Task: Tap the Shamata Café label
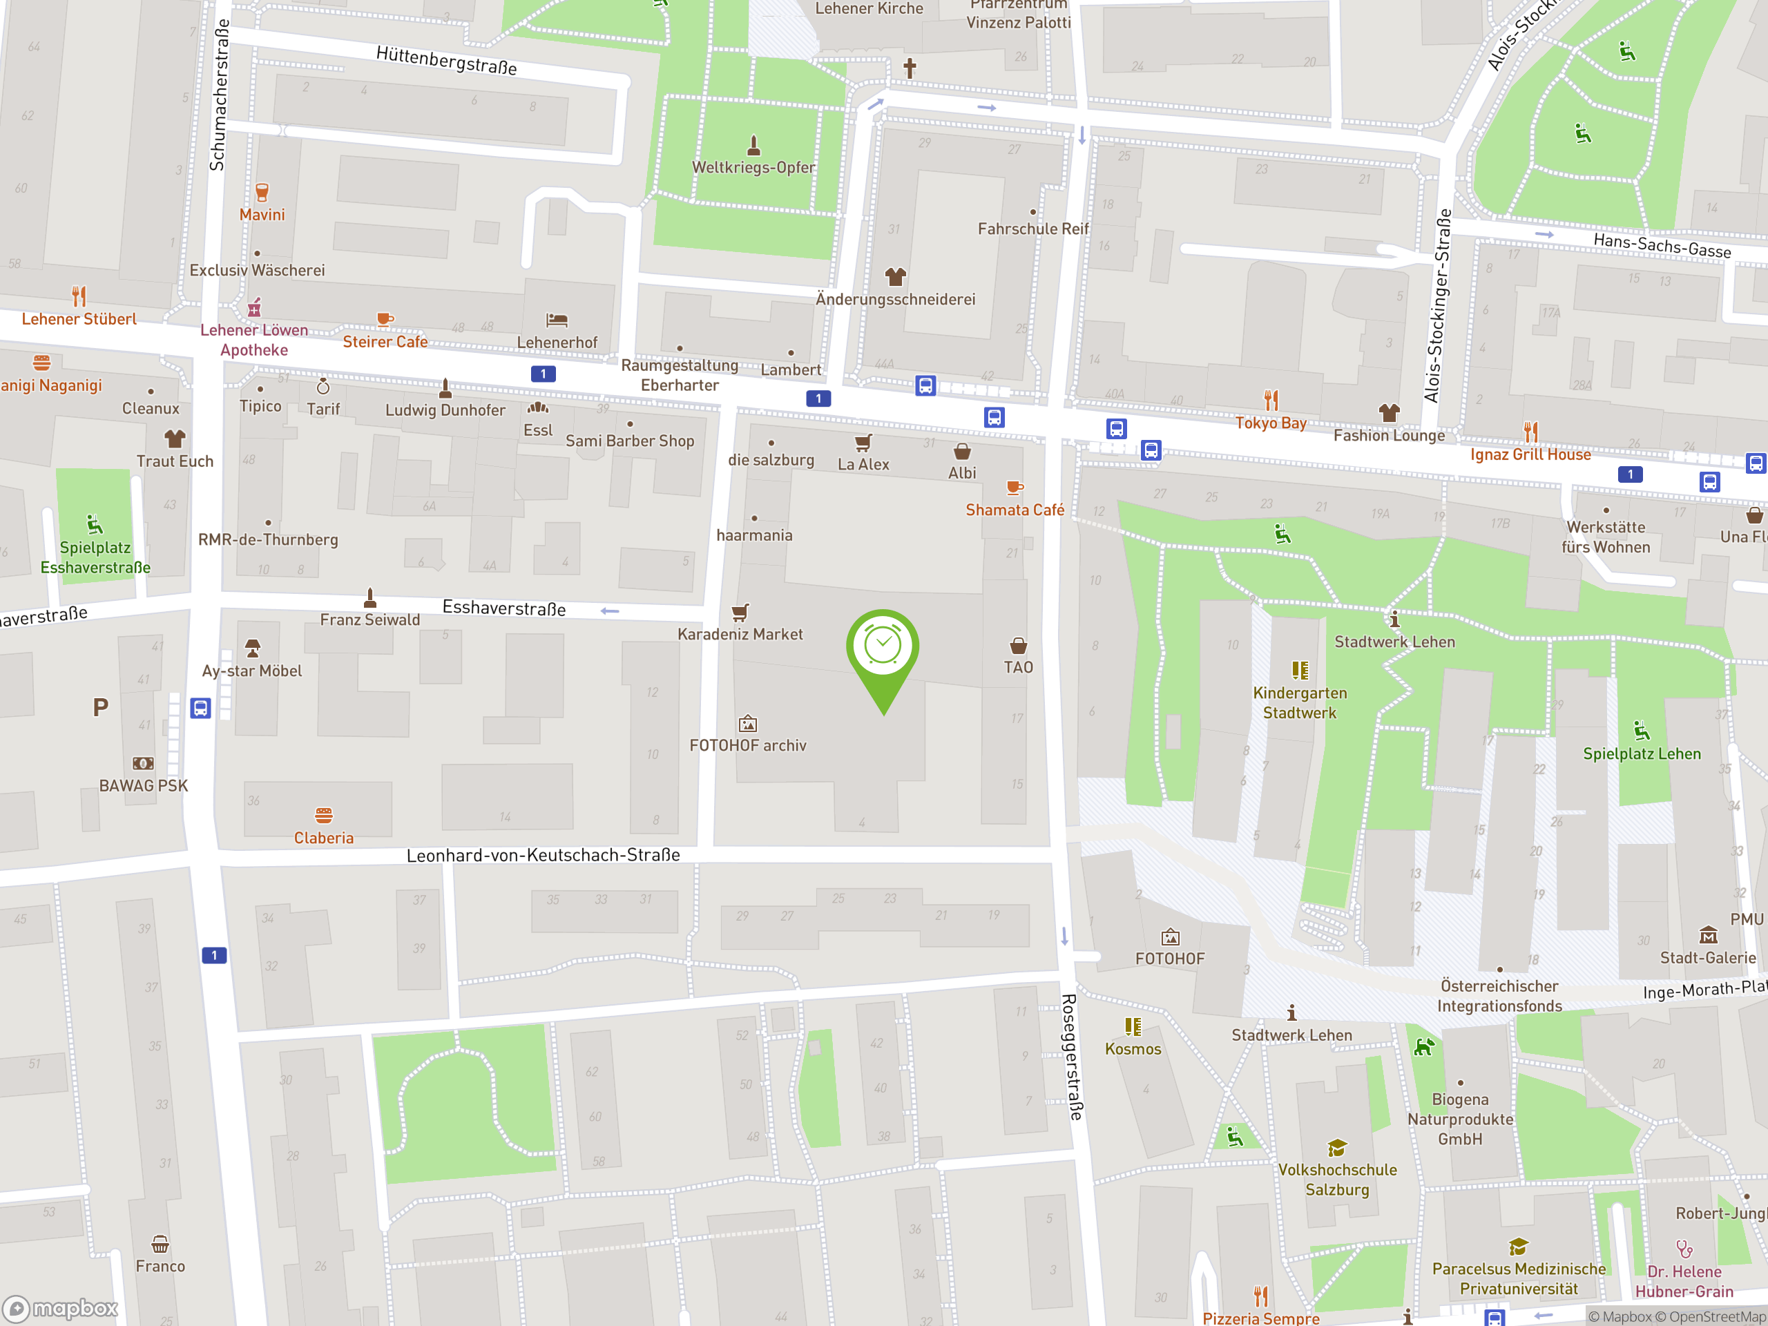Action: coord(1015,510)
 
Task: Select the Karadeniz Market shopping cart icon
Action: coord(740,613)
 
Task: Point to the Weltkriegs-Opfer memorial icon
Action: coord(753,146)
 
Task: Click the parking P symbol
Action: coord(100,707)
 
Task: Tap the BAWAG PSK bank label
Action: coord(143,786)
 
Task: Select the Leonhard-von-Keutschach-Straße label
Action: coord(543,855)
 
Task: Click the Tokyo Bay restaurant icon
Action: coord(1271,400)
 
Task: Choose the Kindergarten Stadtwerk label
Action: coord(1300,702)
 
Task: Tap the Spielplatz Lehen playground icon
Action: coord(1641,731)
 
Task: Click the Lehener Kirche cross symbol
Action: coord(910,68)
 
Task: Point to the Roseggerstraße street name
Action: coord(1072,1057)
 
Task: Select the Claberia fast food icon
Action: coord(324,815)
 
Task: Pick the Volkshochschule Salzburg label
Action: coord(1337,1179)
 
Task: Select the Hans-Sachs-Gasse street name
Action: coord(1662,245)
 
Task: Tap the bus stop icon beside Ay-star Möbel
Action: coord(200,708)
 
